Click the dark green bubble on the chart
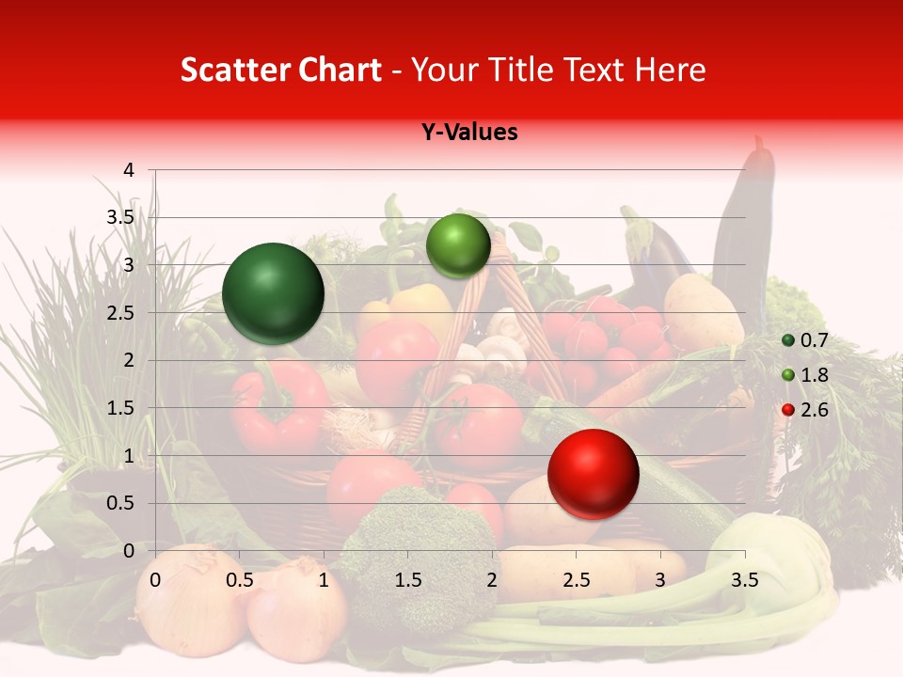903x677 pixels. [273, 293]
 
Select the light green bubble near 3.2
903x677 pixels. [458, 245]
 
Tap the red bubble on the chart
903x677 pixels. [593, 474]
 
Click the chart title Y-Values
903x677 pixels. [468, 133]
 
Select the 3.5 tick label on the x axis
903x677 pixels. [744, 579]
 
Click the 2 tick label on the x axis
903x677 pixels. [492, 579]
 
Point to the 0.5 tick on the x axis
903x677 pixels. [240, 579]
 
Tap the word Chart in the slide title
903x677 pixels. [340, 71]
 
